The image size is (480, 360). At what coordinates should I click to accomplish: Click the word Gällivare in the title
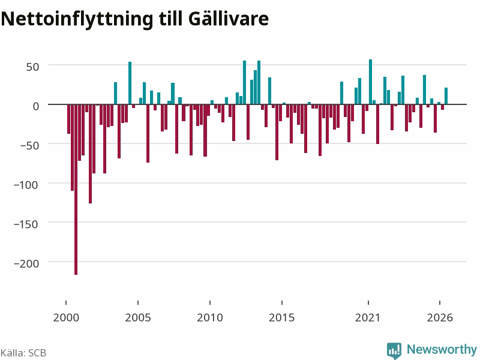pyautogui.click(x=229, y=19)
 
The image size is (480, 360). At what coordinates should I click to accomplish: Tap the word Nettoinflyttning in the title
pyautogui.click(x=77, y=20)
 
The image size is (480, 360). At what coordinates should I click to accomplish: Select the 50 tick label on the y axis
pyautogui.click(x=32, y=67)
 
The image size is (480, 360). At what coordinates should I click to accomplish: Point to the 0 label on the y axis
pyautogui.click(x=36, y=106)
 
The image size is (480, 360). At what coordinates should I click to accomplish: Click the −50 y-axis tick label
pyautogui.click(x=29, y=145)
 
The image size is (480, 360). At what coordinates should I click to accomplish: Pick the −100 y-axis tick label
pyautogui.click(x=26, y=185)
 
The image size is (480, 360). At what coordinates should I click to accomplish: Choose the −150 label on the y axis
pyautogui.click(x=26, y=224)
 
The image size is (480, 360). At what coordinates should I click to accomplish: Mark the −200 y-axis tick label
pyautogui.click(x=26, y=263)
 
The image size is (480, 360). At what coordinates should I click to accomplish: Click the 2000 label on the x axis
pyautogui.click(x=66, y=317)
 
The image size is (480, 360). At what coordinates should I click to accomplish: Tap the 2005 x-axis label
pyautogui.click(x=138, y=317)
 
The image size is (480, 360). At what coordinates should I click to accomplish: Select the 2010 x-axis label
pyautogui.click(x=210, y=317)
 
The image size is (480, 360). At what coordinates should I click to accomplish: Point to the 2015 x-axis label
pyautogui.click(x=282, y=317)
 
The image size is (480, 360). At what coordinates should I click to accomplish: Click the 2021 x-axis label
pyautogui.click(x=368, y=317)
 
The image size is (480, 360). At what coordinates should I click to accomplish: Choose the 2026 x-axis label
pyautogui.click(x=440, y=317)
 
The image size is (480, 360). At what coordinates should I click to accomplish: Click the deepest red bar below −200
pyautogui.click(x=76, y=190)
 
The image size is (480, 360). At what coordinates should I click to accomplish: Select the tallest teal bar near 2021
pyautogui.click(x=370, y=82)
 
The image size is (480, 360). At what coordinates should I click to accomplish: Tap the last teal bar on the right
pyautogui.click(x=446, y=96)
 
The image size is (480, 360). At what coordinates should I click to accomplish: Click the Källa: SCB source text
pyautogui.click(x=23, y=353)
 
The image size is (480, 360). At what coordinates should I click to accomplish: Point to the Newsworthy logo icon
pyautogui.click(x=394, y=350)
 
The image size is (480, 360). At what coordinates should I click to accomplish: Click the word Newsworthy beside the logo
pyautogui.click(x=442, y=349)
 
